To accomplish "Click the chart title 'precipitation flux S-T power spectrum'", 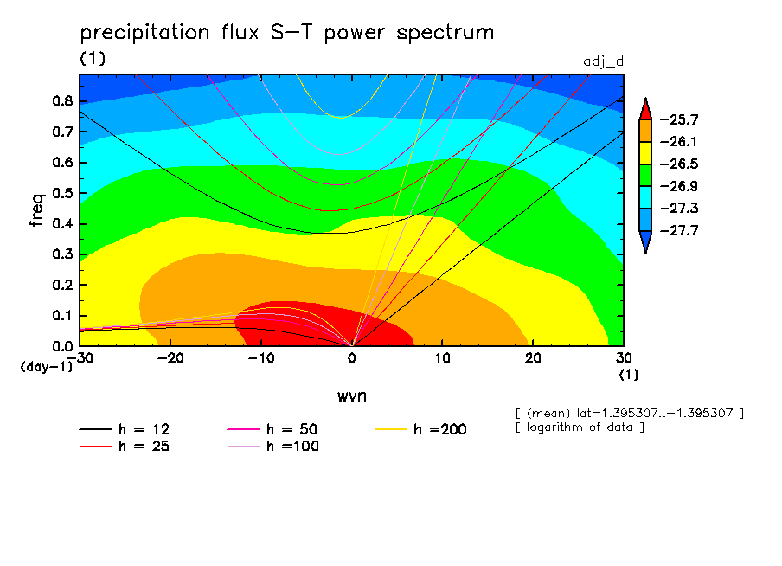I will coord(287,33).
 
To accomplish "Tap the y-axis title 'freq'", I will coord(36,209).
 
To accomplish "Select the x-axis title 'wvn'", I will coord(351,396).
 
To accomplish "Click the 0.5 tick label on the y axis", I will coord(61,193).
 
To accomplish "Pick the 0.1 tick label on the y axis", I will coord(61,316).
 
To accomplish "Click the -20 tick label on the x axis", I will coord(170,357).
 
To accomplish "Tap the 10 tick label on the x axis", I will coord(442,357).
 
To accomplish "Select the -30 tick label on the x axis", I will coord(80,357).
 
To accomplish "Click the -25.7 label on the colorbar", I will coord(680,119).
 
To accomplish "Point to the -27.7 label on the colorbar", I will coord(680,231).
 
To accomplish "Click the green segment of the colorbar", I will coord(645,175).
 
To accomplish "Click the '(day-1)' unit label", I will coord(46,367).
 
